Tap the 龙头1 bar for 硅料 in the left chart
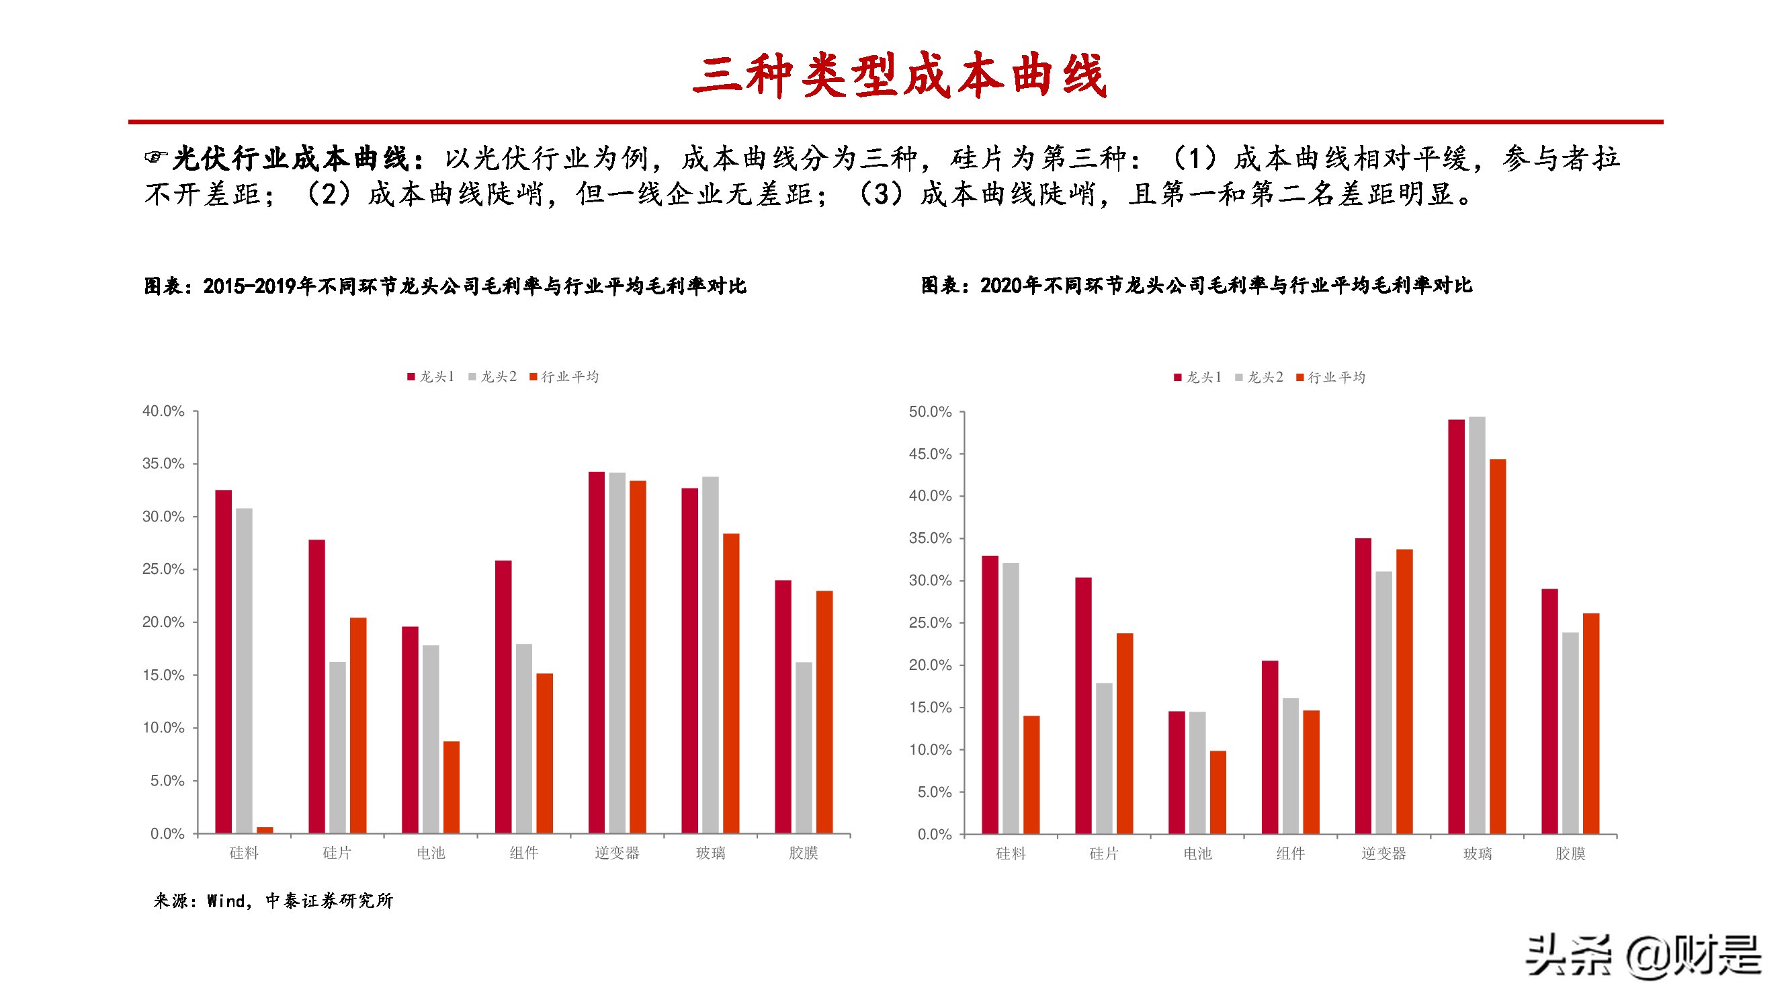(223, 661)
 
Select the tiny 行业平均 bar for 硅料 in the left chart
(265, 829)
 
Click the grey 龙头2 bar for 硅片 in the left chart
(337, 747)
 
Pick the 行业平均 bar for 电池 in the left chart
(452, 787)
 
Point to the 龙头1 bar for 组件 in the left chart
(503, 696)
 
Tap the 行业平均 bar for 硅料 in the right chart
(1031, 774)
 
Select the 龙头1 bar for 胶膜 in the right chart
(1549, 711)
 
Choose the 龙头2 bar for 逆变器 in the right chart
(1383, 702)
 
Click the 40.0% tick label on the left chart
(163, 411)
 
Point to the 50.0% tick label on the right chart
(930, 412)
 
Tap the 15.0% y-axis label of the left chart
(163, 675)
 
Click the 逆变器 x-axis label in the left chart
(616, 853)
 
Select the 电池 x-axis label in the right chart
(1197, 853)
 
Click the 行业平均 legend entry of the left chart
(564, 377)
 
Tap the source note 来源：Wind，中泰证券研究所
(273, 901)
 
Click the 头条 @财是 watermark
(1642, 956)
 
